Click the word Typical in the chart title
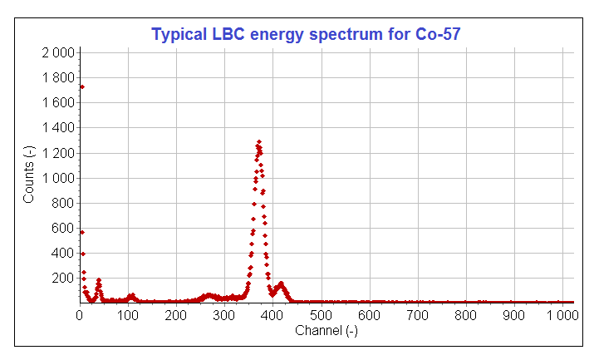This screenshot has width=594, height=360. point(176,34)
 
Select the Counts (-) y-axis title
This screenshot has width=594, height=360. point(28,175)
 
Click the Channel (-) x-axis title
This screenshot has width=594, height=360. point(326,331)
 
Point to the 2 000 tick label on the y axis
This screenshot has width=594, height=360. point(58,52)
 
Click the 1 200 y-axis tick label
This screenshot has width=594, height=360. point(58,153)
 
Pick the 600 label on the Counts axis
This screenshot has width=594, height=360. point(64,228)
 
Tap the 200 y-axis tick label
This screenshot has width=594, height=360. point(64,278)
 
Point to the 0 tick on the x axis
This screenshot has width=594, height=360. point(80,316)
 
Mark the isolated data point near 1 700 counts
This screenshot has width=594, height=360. point(81,86)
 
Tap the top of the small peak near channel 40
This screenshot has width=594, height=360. point(99,280)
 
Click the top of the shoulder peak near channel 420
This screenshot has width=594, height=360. point(282,284)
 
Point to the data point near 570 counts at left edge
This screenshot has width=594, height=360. point(82,232)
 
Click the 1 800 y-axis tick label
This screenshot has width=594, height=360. point(58,77)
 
